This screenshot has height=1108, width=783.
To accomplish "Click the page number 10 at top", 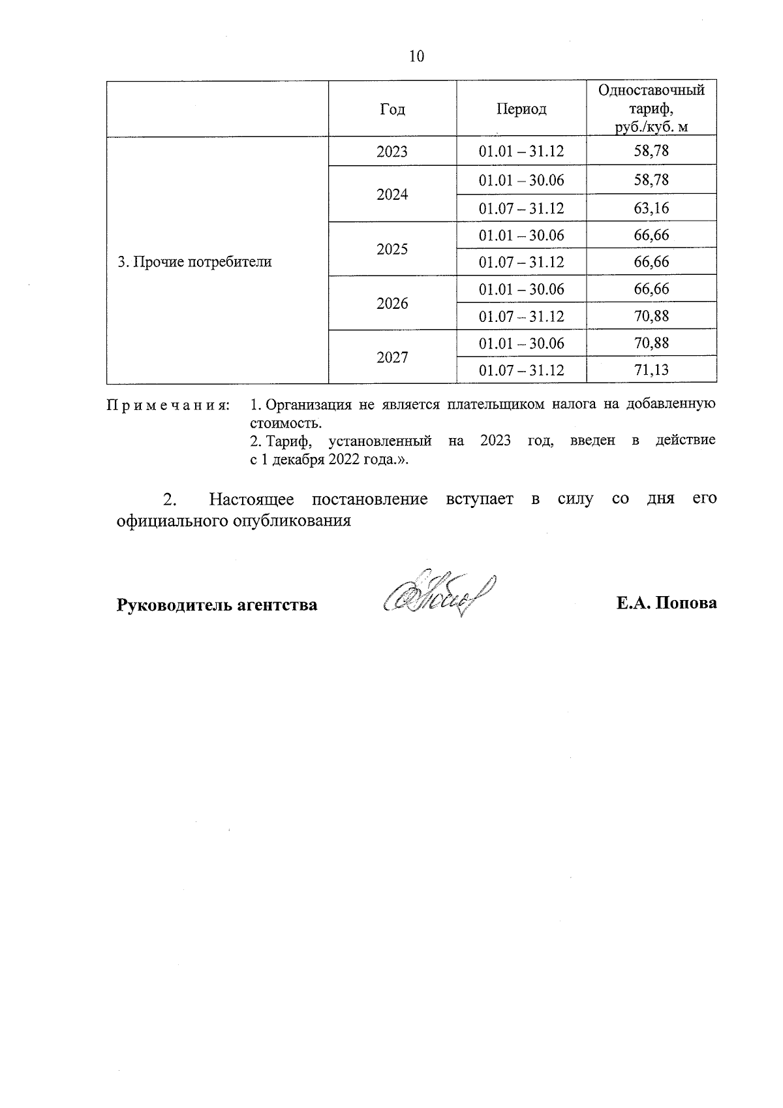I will [x=416, y=57].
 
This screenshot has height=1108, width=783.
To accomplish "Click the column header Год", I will [x=392, y=109].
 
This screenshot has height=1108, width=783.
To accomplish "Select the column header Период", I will [x=521, y=109].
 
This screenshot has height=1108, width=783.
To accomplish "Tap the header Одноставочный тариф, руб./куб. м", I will [x=651, y=108].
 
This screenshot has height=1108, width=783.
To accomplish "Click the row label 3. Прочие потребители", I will [x=194, y=262].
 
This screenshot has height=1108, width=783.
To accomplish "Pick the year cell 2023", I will [x=392, y=152].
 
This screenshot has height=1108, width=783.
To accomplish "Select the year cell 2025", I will [x=392, y=249].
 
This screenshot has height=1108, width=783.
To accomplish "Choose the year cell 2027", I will [x=392, y=357].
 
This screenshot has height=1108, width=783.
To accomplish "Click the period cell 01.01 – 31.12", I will [x=521, y=152].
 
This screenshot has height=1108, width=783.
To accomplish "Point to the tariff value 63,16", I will [x=651, y=209].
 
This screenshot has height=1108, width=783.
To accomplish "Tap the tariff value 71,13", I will [x=651, y=371].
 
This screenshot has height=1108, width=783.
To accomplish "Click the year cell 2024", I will [x=392, y=195].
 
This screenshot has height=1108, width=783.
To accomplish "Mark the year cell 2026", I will [x=392, y=304].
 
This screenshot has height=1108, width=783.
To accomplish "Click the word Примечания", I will [x=168, y=405].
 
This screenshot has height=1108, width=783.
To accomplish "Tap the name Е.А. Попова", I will [x=667, y=603].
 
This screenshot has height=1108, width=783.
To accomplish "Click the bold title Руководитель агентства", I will [x=217, y=605].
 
